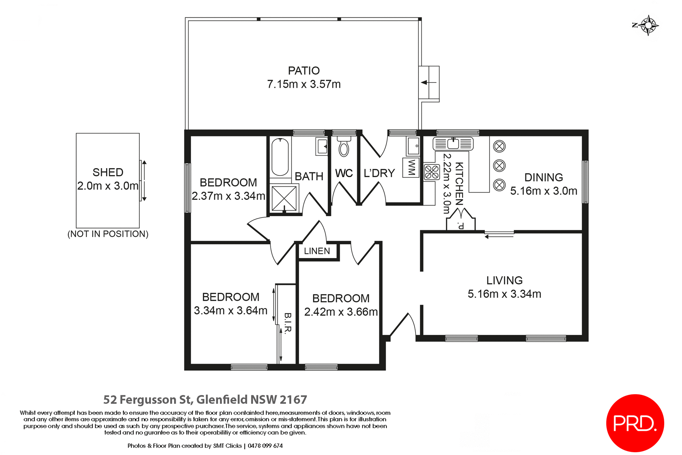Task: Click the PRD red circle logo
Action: pyautogui.click(x=635, y=423)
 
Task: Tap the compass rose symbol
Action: pyautogui.click(x=649, y=25)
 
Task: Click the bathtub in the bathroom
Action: pyautogui.click(x=280, y=157)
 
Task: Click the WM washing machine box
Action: pyautogui.click(x=411, y=167)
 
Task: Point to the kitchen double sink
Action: pyautogui.click(x=453, y=144)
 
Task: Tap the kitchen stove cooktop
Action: pyautogui.click(x=432, y=172)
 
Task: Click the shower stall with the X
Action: pyautogui.click(x=284, y=198)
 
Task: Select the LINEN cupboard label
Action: pyautogui.click(x=317, y=251)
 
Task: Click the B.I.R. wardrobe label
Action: pyautogui.click(x=288, y=323)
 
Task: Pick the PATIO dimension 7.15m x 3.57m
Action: pyautogui.click(x=304, y=84)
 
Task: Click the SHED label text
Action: pyautogui.click(x=108, y=172)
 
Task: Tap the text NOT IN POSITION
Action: pyautogui.click(x=108, y=234)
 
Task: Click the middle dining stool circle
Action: pyautogui.click(x=499, y=166)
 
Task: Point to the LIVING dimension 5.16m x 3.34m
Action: pyautogui.click(x=504, y=294)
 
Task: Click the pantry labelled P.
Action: pyautogui.click(x=461, y=224)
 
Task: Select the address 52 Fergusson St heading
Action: pyautogui.click(x=205, y=400)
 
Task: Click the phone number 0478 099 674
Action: pyautogui.click(x=265, y=446)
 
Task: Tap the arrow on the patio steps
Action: pyautogui.click(x=428, y=82)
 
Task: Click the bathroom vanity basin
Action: pyautogui.click(x=322, y=146)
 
